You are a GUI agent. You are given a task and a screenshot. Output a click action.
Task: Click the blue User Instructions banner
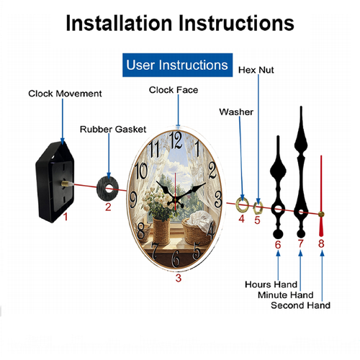click(x=177, y=65)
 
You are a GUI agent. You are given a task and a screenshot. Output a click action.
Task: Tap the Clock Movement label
click(x=65, y=94)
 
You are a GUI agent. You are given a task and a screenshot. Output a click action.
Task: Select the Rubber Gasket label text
click(x=113, y=129)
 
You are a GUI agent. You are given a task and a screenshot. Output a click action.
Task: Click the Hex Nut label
click(x=256, y=70)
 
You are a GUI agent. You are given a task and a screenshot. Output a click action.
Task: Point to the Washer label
click(x=236, y=112)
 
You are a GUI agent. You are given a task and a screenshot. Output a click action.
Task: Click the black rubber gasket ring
click(x=108, y=189)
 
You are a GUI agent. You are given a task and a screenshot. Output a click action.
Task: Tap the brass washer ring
click(x=242, y=205)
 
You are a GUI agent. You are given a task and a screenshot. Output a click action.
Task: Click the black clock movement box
click(x=55, y=182)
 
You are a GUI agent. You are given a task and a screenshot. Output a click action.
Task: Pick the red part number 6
click(x=278, y=245)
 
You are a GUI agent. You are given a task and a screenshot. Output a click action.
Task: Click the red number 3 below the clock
click(x=178, y=278)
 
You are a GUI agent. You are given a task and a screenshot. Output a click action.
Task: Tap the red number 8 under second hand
click(x=321, y=243)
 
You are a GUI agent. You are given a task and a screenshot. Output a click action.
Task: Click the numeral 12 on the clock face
click(x=176, y=140)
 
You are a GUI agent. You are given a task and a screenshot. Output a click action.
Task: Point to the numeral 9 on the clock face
click(x=133, y=200)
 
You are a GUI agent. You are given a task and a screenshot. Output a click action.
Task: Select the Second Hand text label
click(x=300, y=305)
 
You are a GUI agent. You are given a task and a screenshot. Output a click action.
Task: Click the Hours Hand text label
click(x=271, y=284)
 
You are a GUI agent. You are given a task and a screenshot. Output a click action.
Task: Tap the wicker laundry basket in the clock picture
click(x=196, y=231)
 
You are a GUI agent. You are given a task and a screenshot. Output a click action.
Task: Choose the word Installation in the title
click(x=119, y=23)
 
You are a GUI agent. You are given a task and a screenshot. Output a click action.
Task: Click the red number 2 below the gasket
click(x=108, y=207)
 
